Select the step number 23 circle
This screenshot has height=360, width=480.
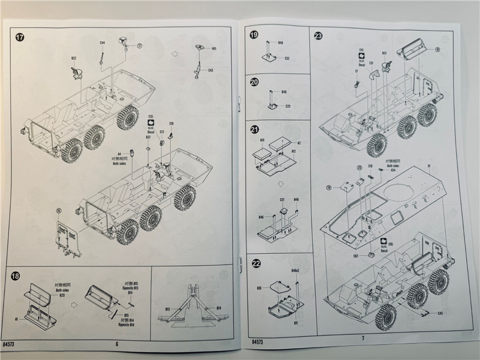(x=318, y=36)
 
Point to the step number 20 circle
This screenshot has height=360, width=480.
(x=254, y=82)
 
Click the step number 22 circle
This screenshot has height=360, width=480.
(x=256, y=263)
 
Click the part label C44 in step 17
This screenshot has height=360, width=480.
(x=102, y=43)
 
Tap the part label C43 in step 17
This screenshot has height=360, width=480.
(x=211, y=71)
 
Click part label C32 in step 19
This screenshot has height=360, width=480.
(x=287, y=58)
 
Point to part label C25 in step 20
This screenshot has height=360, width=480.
(x=287, y=106)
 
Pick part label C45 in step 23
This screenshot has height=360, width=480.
(x=440, y=313)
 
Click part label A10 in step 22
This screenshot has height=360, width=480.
(x=259, y=288)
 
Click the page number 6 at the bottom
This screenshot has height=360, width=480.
(x=117, y=343)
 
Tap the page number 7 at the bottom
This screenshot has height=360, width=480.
(x=362, y=338)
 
